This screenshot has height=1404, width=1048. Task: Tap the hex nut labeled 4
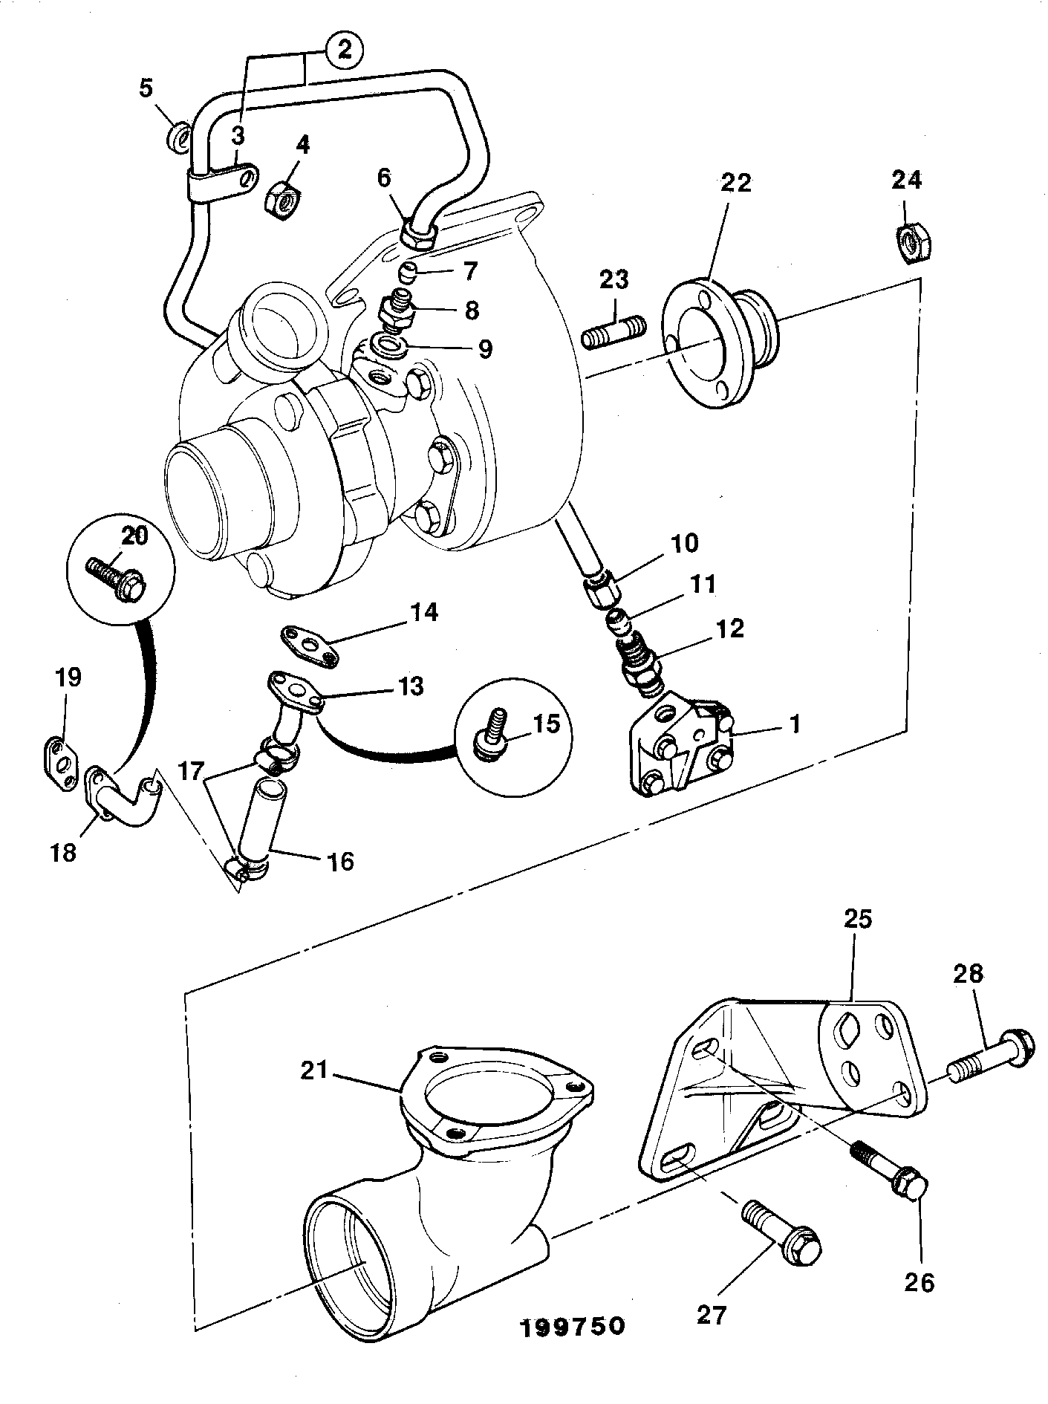(282, 197)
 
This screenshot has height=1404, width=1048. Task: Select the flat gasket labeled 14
(309, 644)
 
